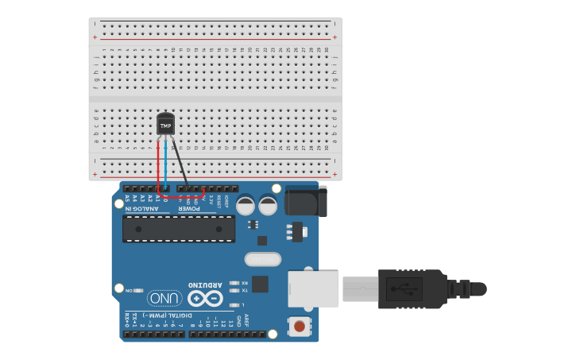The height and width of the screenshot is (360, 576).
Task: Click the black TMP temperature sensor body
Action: click(x=165, y=124)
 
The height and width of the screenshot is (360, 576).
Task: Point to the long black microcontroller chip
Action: click(x=179, y=228)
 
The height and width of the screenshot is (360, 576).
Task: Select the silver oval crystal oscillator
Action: click(x=263, y=259)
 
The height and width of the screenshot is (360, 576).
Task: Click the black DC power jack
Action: click(x=305, y=200)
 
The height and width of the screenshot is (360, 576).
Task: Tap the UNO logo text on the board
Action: click(x=164, y=299)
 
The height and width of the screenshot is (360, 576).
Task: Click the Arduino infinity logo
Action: click(x=205, y=299)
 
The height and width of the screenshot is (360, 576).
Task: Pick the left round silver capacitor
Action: click(x=245, y=205)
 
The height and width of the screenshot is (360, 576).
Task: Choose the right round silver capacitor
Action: click(x=269, y=205)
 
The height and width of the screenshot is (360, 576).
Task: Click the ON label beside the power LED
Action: click(x=130, y=291)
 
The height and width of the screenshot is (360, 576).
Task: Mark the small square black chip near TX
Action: click(x=259, y=284)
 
